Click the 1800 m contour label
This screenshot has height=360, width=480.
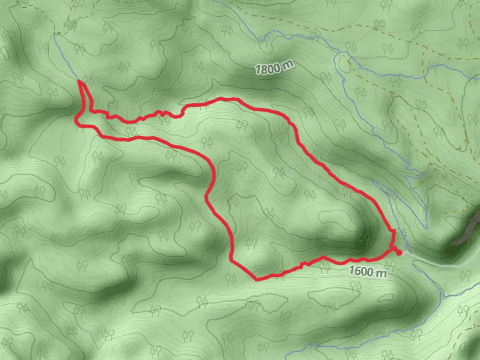pyautogui.click(x=274, y=68)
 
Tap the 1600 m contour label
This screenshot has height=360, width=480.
pyautogui.click(x=368, y=271)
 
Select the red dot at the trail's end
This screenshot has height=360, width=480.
pyautogui.click(x=399, y=253)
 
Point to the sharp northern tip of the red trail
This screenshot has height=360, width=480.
pyautogui.click(x=80, y=81)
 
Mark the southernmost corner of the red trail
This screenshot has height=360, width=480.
pyautogui.click(x=257, y=279)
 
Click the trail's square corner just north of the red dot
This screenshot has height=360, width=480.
pyautogui.click(x=393, y=231)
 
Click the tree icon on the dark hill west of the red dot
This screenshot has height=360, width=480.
pyautogui.click(x=365, y=238)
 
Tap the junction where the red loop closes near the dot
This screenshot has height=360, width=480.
pyautogui.click(x=391, y=249)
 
